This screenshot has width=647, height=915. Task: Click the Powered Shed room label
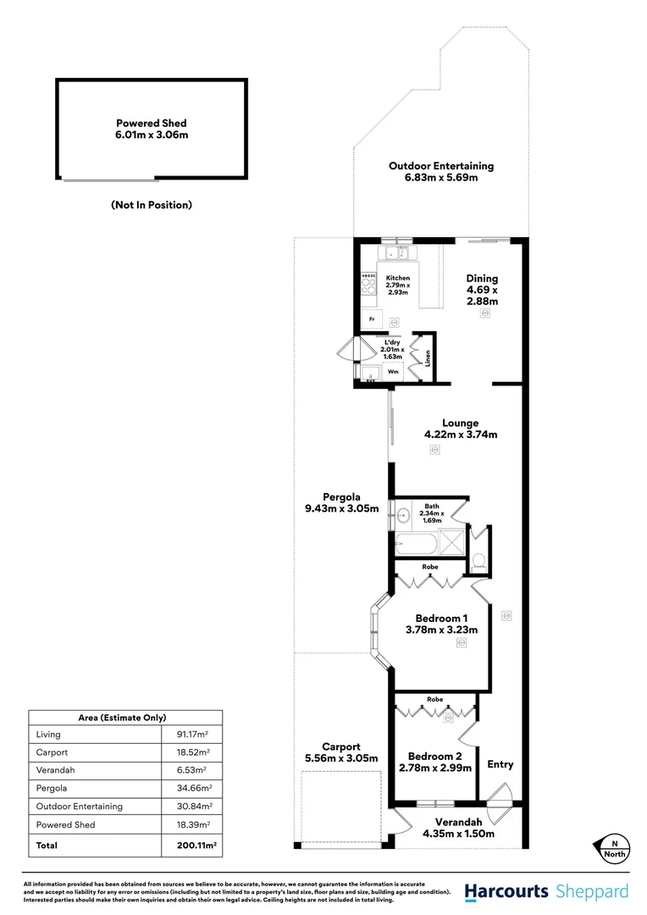tap(152, 123)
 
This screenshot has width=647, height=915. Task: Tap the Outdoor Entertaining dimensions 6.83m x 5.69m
tap(440, 178)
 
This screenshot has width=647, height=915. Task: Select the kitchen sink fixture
tap(395, 252)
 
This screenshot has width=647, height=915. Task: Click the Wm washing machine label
tap(393, 371)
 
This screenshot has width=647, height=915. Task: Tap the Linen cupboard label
tap(429, 358)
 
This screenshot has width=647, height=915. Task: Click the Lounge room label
tap(460, 423)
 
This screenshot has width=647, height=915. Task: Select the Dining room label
tap(482, 278)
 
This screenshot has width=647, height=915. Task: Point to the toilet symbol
tap(479, 558)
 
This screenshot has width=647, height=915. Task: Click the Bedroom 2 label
tap(434, 756)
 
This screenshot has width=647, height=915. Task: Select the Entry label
tap(500, 764)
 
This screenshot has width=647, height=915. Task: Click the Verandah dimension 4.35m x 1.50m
tap(458, 834)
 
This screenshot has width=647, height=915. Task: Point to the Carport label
tap(340, 746)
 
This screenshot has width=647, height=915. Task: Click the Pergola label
tap(341, 496)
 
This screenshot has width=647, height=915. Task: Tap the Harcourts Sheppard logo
tap(546, 891)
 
